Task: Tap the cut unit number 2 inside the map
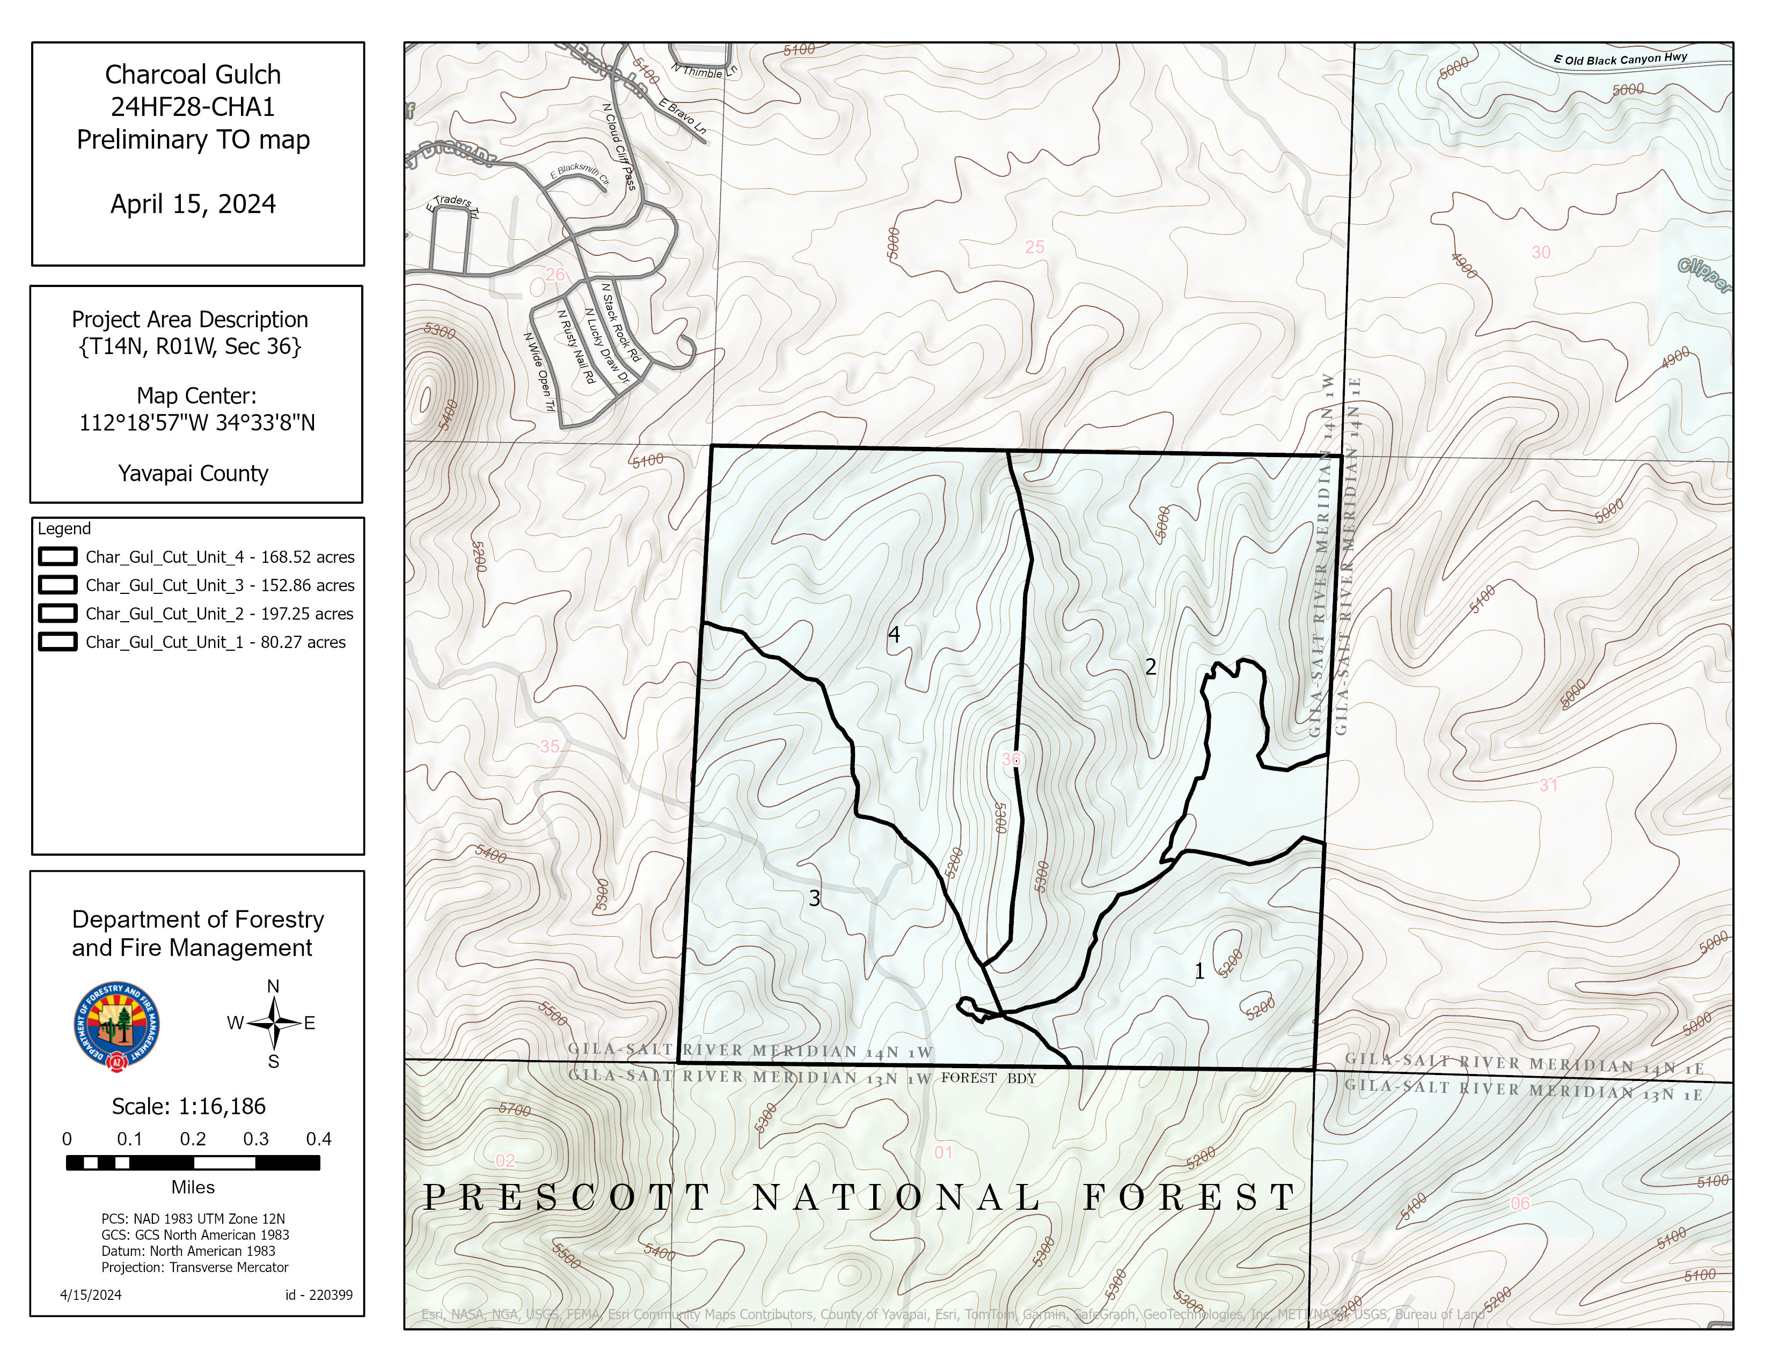click(x=1150, y=667)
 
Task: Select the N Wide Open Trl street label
click(x=538, y=372)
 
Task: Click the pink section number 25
click(x=1034, y=247)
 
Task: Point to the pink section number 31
click(x=1548, y=784)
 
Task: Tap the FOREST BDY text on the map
click(x=989, y=1078)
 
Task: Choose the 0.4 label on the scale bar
click(x=319, y=1138)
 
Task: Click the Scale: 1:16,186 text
click(x=189, y=1106)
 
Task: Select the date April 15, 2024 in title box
click(x=193, y=203)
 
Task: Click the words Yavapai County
click(x=193, y=473)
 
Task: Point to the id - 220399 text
click(x=319, y=1295)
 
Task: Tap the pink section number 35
click(x=550, y=746)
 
